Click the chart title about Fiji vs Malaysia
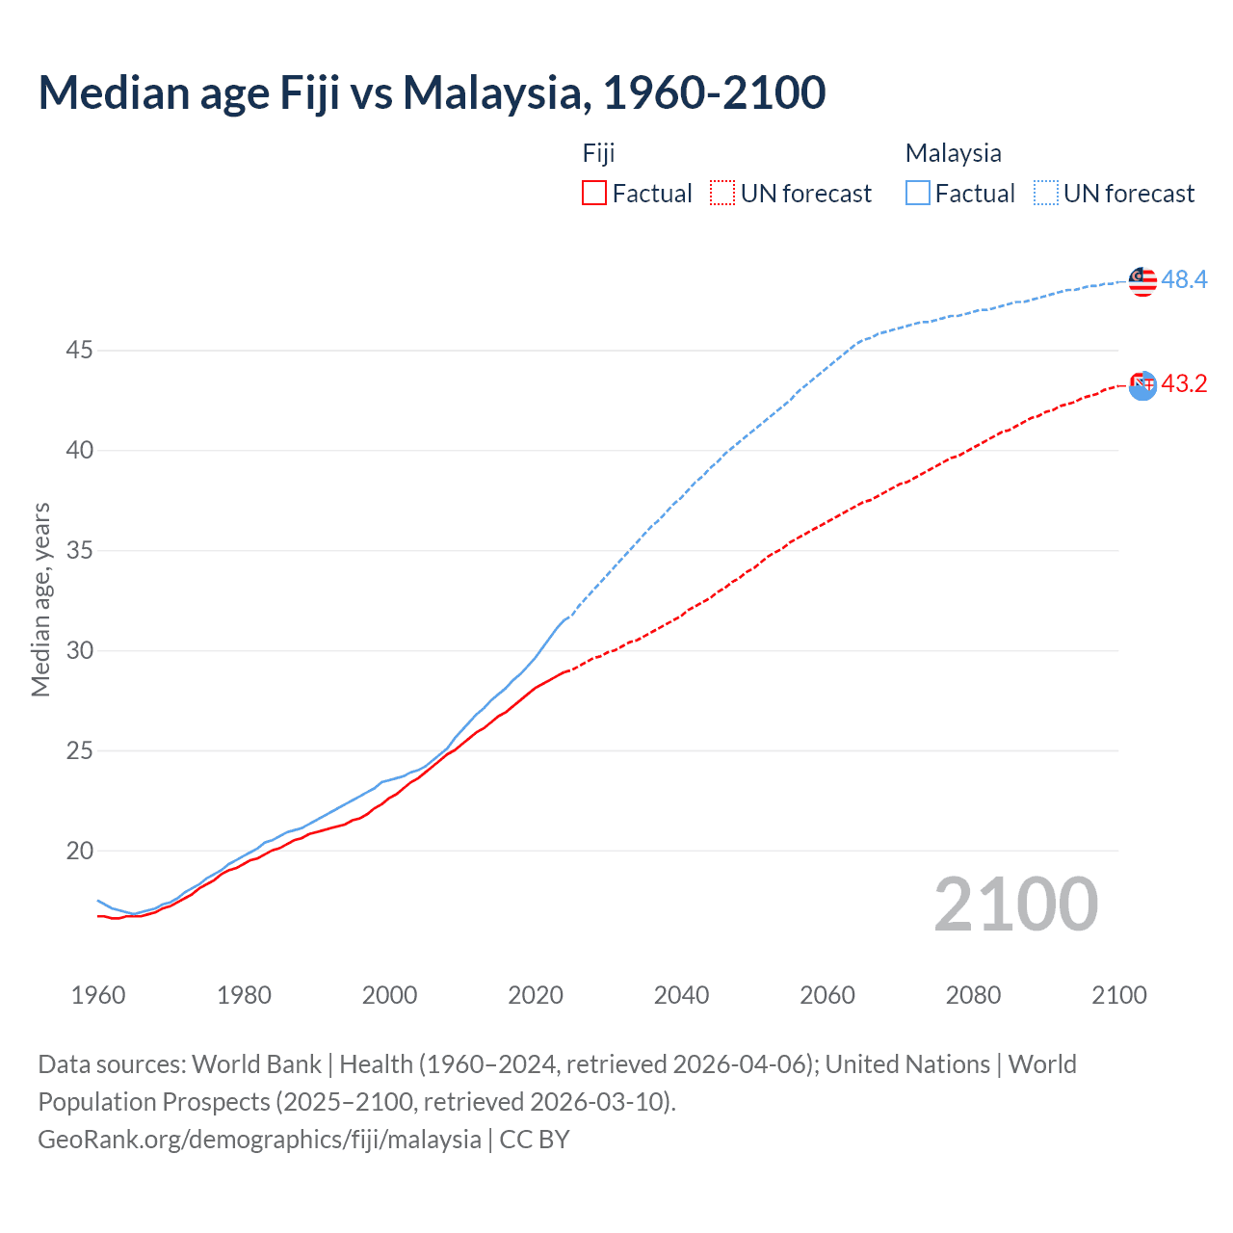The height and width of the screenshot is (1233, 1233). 432,92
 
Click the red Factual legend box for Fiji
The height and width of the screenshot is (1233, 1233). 594,193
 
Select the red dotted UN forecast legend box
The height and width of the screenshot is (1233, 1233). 722,193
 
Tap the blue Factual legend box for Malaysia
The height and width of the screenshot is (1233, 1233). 918,193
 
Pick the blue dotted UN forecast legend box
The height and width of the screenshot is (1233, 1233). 1046,193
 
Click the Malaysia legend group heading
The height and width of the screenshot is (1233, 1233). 953,153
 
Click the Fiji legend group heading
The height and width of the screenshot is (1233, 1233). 598,153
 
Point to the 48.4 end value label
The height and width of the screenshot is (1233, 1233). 1184,279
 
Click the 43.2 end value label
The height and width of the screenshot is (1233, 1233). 1184,383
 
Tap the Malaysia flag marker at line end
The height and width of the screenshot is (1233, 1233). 1142,280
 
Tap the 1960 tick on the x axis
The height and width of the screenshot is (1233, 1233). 98,995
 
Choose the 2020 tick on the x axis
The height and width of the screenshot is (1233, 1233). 536,995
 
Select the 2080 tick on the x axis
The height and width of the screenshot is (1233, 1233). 973,995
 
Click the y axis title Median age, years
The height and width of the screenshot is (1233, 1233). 40,599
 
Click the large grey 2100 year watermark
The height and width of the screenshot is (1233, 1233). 1015,905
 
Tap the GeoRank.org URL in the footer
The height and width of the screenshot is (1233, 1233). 259,1139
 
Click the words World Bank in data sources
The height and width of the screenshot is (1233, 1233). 256,1063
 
